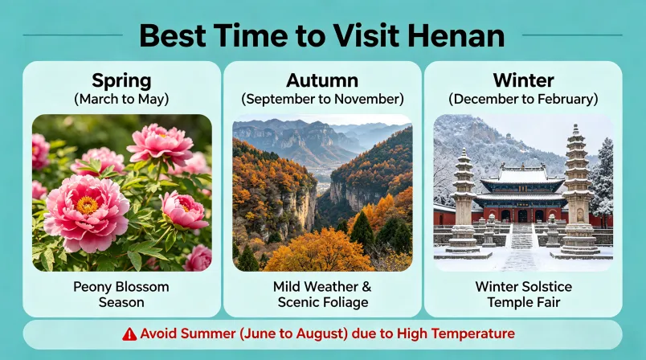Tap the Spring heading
click(121, 81)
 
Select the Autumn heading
click(321, 81)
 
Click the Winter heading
click(522, 81)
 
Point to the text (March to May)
click(121, 100)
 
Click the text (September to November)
click(321, 100)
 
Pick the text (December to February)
click(522, 100)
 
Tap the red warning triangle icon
click(129, 333)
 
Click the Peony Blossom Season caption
click(121, 294)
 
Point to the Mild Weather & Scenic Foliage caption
click(321, 294)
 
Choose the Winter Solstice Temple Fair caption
click(522, 294)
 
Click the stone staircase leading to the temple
click(521, 236)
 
